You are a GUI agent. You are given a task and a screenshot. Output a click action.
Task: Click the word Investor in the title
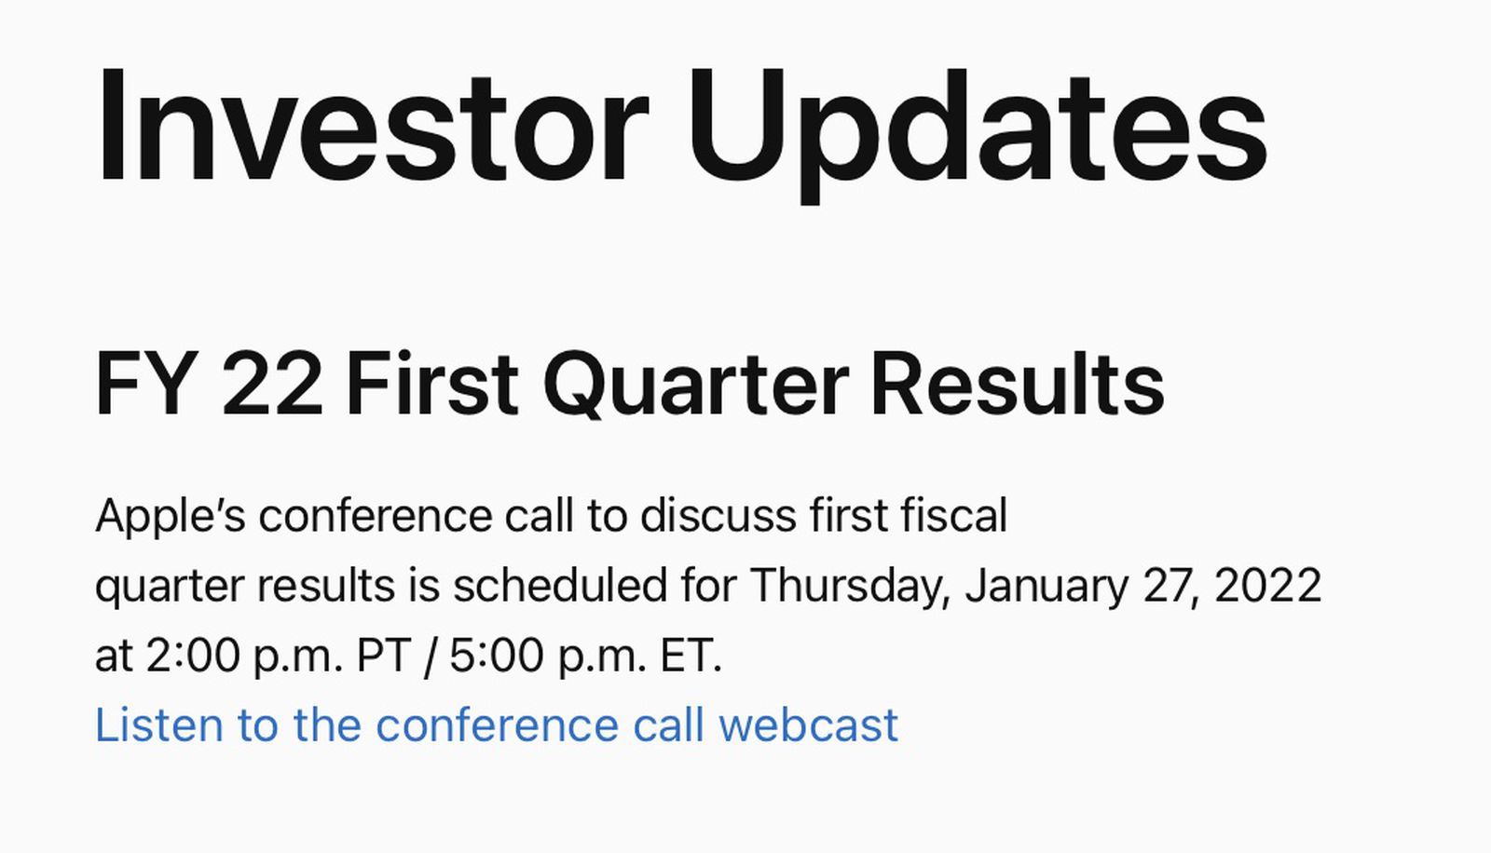tap(371, 126)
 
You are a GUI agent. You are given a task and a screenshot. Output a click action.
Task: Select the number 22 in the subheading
tap(272, 384)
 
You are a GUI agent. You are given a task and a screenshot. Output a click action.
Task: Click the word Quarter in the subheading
tap(695, 384)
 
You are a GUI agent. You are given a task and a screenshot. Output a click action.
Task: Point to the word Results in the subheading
tap(1017, 384)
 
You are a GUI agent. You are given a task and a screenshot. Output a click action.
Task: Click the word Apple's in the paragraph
tap(171, 516)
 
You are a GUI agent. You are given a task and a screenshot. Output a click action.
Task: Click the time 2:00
tap(193, 657)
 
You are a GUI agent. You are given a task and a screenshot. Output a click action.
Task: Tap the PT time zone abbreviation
tap(384, 657)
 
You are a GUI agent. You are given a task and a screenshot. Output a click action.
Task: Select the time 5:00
tap(497, 657)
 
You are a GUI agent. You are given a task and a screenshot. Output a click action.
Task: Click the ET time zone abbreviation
tap(691, 657)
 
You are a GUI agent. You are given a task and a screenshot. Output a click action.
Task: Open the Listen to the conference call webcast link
tap(497, 725)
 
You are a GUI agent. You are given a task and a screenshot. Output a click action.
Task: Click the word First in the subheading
tap(431, 384)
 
